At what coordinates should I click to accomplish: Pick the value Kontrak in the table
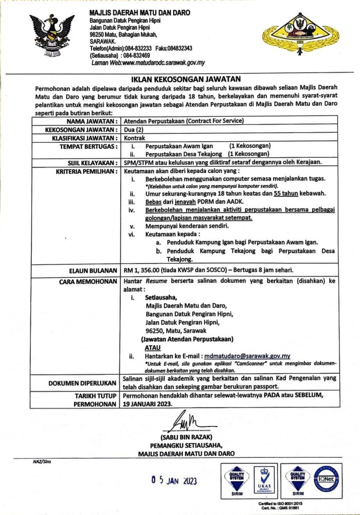pos(135,137)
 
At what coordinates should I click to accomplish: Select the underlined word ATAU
pos(152,348)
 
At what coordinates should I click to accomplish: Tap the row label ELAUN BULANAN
pos(94,270)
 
